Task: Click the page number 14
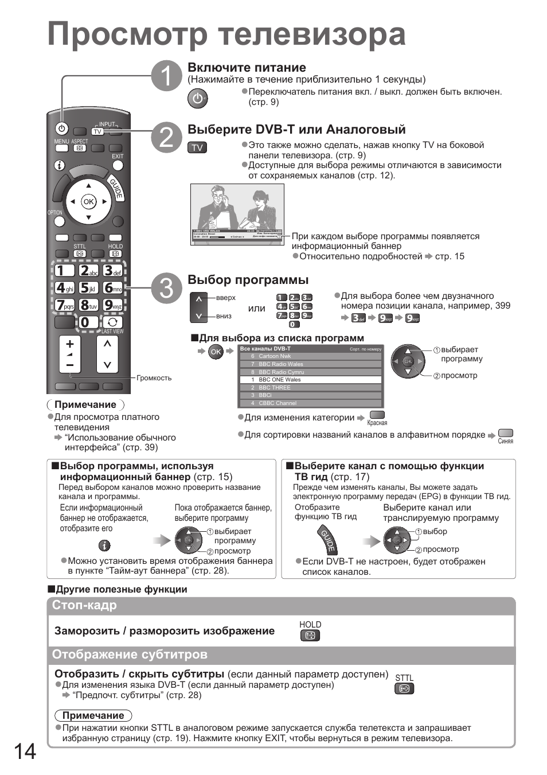coord(24,751)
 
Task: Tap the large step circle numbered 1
coord(166,76)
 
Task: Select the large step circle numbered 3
coord(166,288)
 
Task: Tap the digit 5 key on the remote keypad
coord(88,288)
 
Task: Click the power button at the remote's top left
coord(62,129)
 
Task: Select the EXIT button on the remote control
coord(118,165)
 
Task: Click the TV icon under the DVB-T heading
coord(197,147)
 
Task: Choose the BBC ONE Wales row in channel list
coord(311,380)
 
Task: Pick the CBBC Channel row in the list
coord(311,403)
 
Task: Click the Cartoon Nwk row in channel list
coord(311,356)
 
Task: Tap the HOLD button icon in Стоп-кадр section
coord(310,636)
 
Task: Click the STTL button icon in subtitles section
coord(404,689)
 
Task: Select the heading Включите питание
coord(247,68)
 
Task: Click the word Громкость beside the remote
coord(154,378)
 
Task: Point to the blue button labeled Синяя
coord(505,433)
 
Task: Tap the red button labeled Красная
coord(377,415)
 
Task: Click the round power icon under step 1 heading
coord(197,99)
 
